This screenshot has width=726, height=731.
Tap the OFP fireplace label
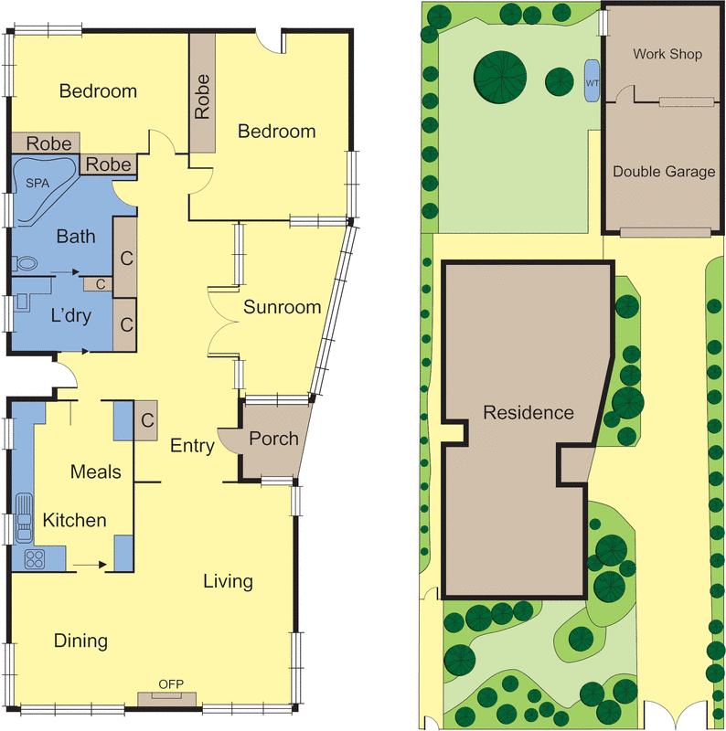[x=166, y=684]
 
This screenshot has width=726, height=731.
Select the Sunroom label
[x=282, y=307]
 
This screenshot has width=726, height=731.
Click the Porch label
[x=273, y=439]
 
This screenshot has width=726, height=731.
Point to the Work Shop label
[x=667, y=54]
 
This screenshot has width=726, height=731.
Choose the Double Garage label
[x=664, y=171]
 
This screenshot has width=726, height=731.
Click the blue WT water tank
[x=591, y=80]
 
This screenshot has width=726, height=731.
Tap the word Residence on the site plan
[x=529, y=412]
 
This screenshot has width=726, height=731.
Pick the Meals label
[x=96, y=471]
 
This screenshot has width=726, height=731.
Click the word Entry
[x=192, y=446]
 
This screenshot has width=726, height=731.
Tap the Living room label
[x=228, y=581]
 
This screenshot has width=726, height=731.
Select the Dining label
[x=80, y=641]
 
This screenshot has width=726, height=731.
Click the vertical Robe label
[x=202, y=97]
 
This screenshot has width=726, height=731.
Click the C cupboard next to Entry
[x=147, y=420]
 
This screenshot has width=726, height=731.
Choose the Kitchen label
[x=75, y=520]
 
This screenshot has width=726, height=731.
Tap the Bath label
[x=76, y=237]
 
